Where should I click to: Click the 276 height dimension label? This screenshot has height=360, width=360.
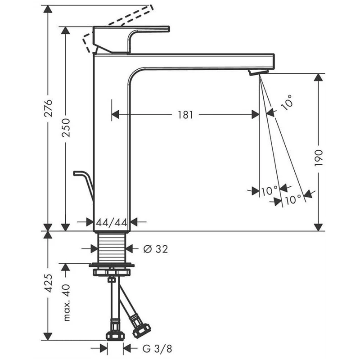(x=49, y=108)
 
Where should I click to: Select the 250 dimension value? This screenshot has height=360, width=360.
(x=66, y=128)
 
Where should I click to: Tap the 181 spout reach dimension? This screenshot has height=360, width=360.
(x=185, y=115)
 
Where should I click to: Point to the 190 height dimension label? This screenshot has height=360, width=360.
(x=319, y=158)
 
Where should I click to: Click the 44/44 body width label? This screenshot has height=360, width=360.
(x=112, y=222)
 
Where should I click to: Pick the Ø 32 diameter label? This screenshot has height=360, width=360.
(x=156, y=249)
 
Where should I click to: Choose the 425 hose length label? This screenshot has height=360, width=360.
(x=49, y=283)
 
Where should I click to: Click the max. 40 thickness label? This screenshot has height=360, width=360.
(x=66, y=302)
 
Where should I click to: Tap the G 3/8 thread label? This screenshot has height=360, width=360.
(x=157, y=349)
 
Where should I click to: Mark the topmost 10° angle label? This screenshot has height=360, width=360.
(x=287, y=103)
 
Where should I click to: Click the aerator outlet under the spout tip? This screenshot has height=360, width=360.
(x=258, y=72)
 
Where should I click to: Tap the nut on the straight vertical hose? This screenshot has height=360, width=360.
(x=115, y=335)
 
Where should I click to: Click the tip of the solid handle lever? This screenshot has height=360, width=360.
(x=169, y=29)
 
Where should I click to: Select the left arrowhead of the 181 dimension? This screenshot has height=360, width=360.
(x=116, y=115)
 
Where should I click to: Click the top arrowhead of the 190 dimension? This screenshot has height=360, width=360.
(x=319, y=77)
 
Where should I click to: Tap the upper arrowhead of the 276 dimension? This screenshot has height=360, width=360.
(x=48, y=9)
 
